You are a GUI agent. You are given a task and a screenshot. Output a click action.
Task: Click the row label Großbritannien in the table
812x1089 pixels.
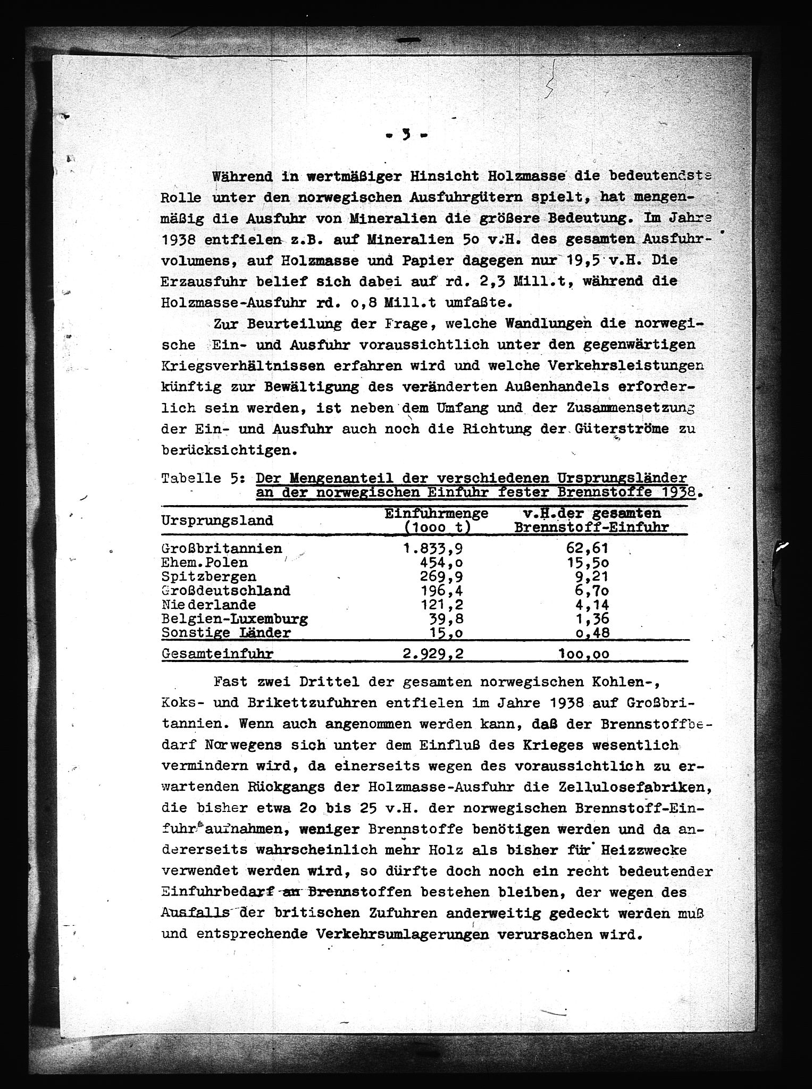point(222,548)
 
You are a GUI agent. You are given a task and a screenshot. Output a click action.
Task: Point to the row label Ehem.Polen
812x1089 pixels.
point(205,563)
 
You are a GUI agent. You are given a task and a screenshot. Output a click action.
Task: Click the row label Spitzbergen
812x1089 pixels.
point(209,576)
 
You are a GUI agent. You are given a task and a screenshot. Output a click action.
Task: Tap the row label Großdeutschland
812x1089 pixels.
point(226,591)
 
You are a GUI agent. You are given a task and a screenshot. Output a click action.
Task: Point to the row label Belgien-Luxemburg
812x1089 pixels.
point(235,619)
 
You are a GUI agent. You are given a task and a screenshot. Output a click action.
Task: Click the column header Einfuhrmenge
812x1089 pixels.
point(436,514)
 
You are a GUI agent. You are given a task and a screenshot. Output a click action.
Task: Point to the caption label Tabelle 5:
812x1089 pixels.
point(203,478)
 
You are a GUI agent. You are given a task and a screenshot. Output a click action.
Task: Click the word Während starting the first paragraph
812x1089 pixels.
point(242,176)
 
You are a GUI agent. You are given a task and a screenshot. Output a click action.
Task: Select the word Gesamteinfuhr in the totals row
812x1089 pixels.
point(217,654)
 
